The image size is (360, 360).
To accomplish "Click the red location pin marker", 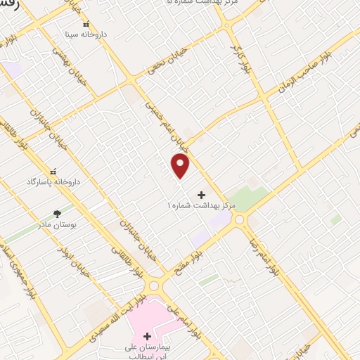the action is click(181, 166).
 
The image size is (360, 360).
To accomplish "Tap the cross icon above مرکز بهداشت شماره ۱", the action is click(202, 194).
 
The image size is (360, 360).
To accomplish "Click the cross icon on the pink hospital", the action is click(146, 337).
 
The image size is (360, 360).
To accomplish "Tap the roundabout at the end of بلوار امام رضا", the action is click(239, 219).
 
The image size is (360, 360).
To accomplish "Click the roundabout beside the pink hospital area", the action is click(153, 286).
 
